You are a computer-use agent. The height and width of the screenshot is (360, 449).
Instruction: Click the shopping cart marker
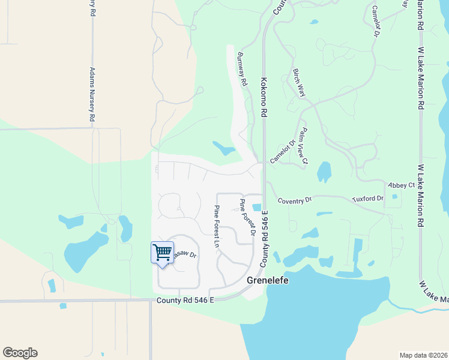[162, 252]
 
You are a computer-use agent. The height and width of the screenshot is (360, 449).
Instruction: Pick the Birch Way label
[299, 83]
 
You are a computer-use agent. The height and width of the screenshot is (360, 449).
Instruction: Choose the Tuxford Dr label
[367, 198]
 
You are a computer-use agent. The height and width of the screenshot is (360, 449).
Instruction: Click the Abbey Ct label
[401, 185]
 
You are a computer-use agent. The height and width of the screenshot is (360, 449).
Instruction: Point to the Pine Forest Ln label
[216, 226]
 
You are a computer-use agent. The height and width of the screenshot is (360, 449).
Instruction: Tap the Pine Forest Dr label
[248, 217]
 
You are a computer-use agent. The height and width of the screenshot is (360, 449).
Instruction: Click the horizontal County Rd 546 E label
[185, 300]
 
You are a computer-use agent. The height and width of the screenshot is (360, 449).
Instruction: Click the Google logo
[20, 353]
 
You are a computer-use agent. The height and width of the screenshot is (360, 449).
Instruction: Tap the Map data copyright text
[424, 355]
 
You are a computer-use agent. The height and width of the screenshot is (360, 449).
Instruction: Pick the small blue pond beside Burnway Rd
[223, 147]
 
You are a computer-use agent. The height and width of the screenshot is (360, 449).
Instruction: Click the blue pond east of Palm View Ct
[324, 172]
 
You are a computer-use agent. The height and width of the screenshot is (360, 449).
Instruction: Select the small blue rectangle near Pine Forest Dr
[257, 208]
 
